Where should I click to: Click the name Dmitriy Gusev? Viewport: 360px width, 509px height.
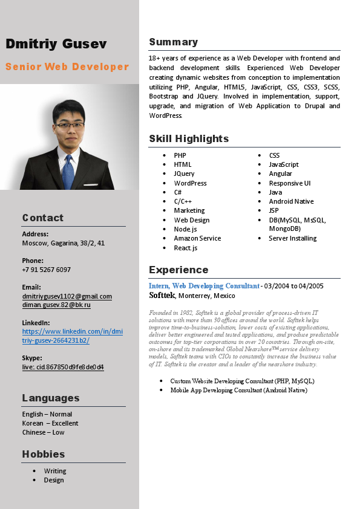[x=56, y=44]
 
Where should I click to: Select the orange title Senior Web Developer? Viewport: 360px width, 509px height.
[x=67, y=66]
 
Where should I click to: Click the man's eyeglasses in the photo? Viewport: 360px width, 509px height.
[x=70, y=125]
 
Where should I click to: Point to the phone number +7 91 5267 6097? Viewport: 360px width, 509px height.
[x=46, y=270]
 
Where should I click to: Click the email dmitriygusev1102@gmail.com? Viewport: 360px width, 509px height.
[x=67, y=296]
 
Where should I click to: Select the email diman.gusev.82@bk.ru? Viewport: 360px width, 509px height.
[x=56, y=305]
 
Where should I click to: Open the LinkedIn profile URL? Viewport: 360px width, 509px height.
[x=72, y=336]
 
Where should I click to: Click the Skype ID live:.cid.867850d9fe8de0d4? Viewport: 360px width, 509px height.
[x=63, y=367]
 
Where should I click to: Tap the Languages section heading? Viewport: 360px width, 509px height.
[x=51, y=398]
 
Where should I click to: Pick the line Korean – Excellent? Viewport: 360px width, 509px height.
[x=50, y=423]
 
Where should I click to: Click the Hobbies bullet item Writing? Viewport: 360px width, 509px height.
[x=55, y=471]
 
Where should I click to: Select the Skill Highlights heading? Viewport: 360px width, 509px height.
[x=189, y=138]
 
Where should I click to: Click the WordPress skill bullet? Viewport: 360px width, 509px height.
[x=190, y=183]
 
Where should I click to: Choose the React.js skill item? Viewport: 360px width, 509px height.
[x=185, y=248]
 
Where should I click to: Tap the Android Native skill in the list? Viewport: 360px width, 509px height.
[x=291, y=201]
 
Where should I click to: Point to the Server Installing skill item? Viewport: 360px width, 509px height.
[x=293, y=238]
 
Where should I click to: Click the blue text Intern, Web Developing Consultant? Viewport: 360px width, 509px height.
[x=204, y=286]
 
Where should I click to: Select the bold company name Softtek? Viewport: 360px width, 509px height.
[x=162, y=296]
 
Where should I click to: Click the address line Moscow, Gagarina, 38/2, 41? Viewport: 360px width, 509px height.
[x=64, y=243]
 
